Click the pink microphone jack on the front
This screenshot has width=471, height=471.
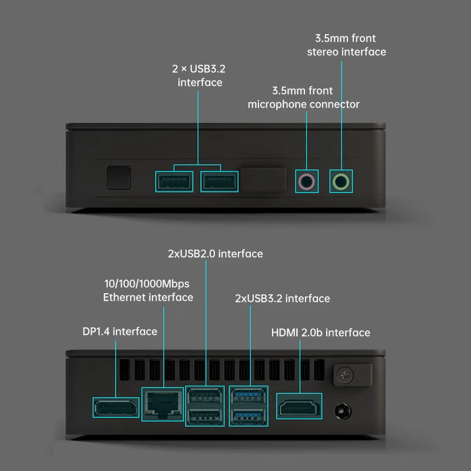(x=307, y=181)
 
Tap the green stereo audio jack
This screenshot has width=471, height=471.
(x=341, y=181)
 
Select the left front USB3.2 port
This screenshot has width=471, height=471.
(x=174, y=181)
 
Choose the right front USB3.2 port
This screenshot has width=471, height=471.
(x=220, y=181)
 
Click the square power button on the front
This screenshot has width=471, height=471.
(x=118, y=177)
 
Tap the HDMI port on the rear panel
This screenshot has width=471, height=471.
(x=300, y=407)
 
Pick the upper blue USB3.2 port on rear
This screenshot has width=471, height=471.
(x=249, y=395)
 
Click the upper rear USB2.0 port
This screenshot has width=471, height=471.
(x=204, y=395)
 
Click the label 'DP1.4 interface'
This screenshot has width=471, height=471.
(x=120, y=331)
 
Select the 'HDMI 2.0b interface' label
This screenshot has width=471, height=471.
(x=321, y=333)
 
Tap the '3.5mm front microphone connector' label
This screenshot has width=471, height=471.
(x=303, y=98)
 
